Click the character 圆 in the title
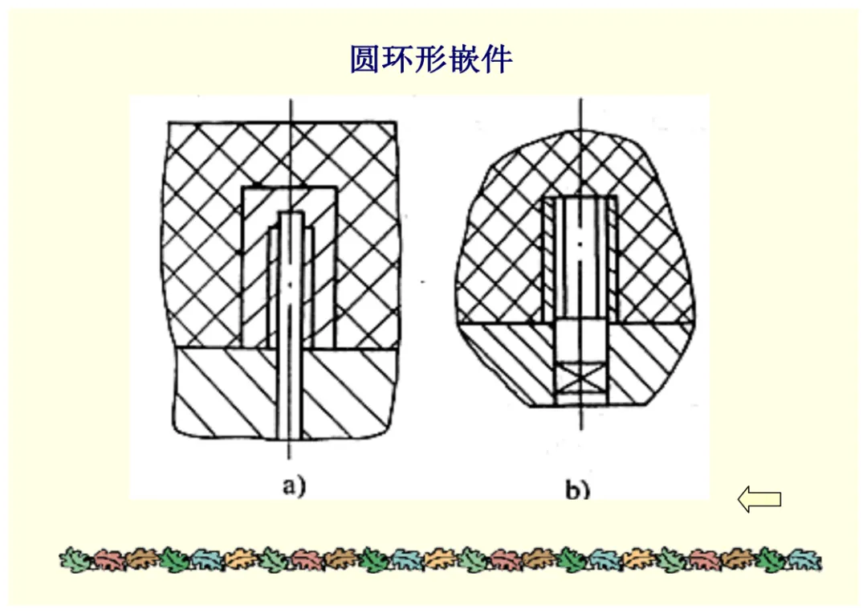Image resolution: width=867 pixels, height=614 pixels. (x=364, y=59)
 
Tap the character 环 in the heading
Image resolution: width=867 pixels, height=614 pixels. (x=397, y=59)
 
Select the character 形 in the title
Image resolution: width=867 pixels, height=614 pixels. (x=430, y=59)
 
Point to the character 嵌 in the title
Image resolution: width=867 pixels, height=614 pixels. (x=463, y=59)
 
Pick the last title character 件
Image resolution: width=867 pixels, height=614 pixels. (x=497, y=59)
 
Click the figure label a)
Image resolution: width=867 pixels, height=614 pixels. (x=294, y=487)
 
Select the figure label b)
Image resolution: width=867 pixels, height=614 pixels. (x=578, y=490)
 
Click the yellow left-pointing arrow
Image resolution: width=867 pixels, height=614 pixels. (x=759, y=499)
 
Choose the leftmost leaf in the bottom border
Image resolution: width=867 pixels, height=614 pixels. (x=75, y=559)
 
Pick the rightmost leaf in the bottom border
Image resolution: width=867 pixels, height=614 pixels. (x=805, y=559)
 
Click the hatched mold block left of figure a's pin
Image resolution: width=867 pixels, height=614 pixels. (x=226, y=392)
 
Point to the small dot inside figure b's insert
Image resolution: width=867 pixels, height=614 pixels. (x=580, y=243)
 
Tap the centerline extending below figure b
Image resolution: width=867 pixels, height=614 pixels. (x=580, y=417)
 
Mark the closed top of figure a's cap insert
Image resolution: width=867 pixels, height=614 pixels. (x=290, y=199)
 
